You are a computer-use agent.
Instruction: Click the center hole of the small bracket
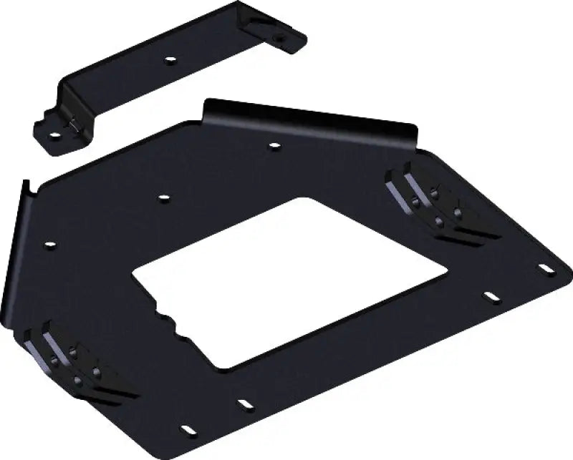(170, 60)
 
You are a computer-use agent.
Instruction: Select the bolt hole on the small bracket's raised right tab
(277, 36)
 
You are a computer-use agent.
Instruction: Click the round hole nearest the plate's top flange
(274, 147)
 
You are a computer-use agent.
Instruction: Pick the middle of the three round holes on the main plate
(163, 197)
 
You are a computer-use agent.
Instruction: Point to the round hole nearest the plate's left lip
(49, 245)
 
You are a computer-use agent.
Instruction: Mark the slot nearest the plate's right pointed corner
(546, 269)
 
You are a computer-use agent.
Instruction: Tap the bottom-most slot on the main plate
(188, 431)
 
